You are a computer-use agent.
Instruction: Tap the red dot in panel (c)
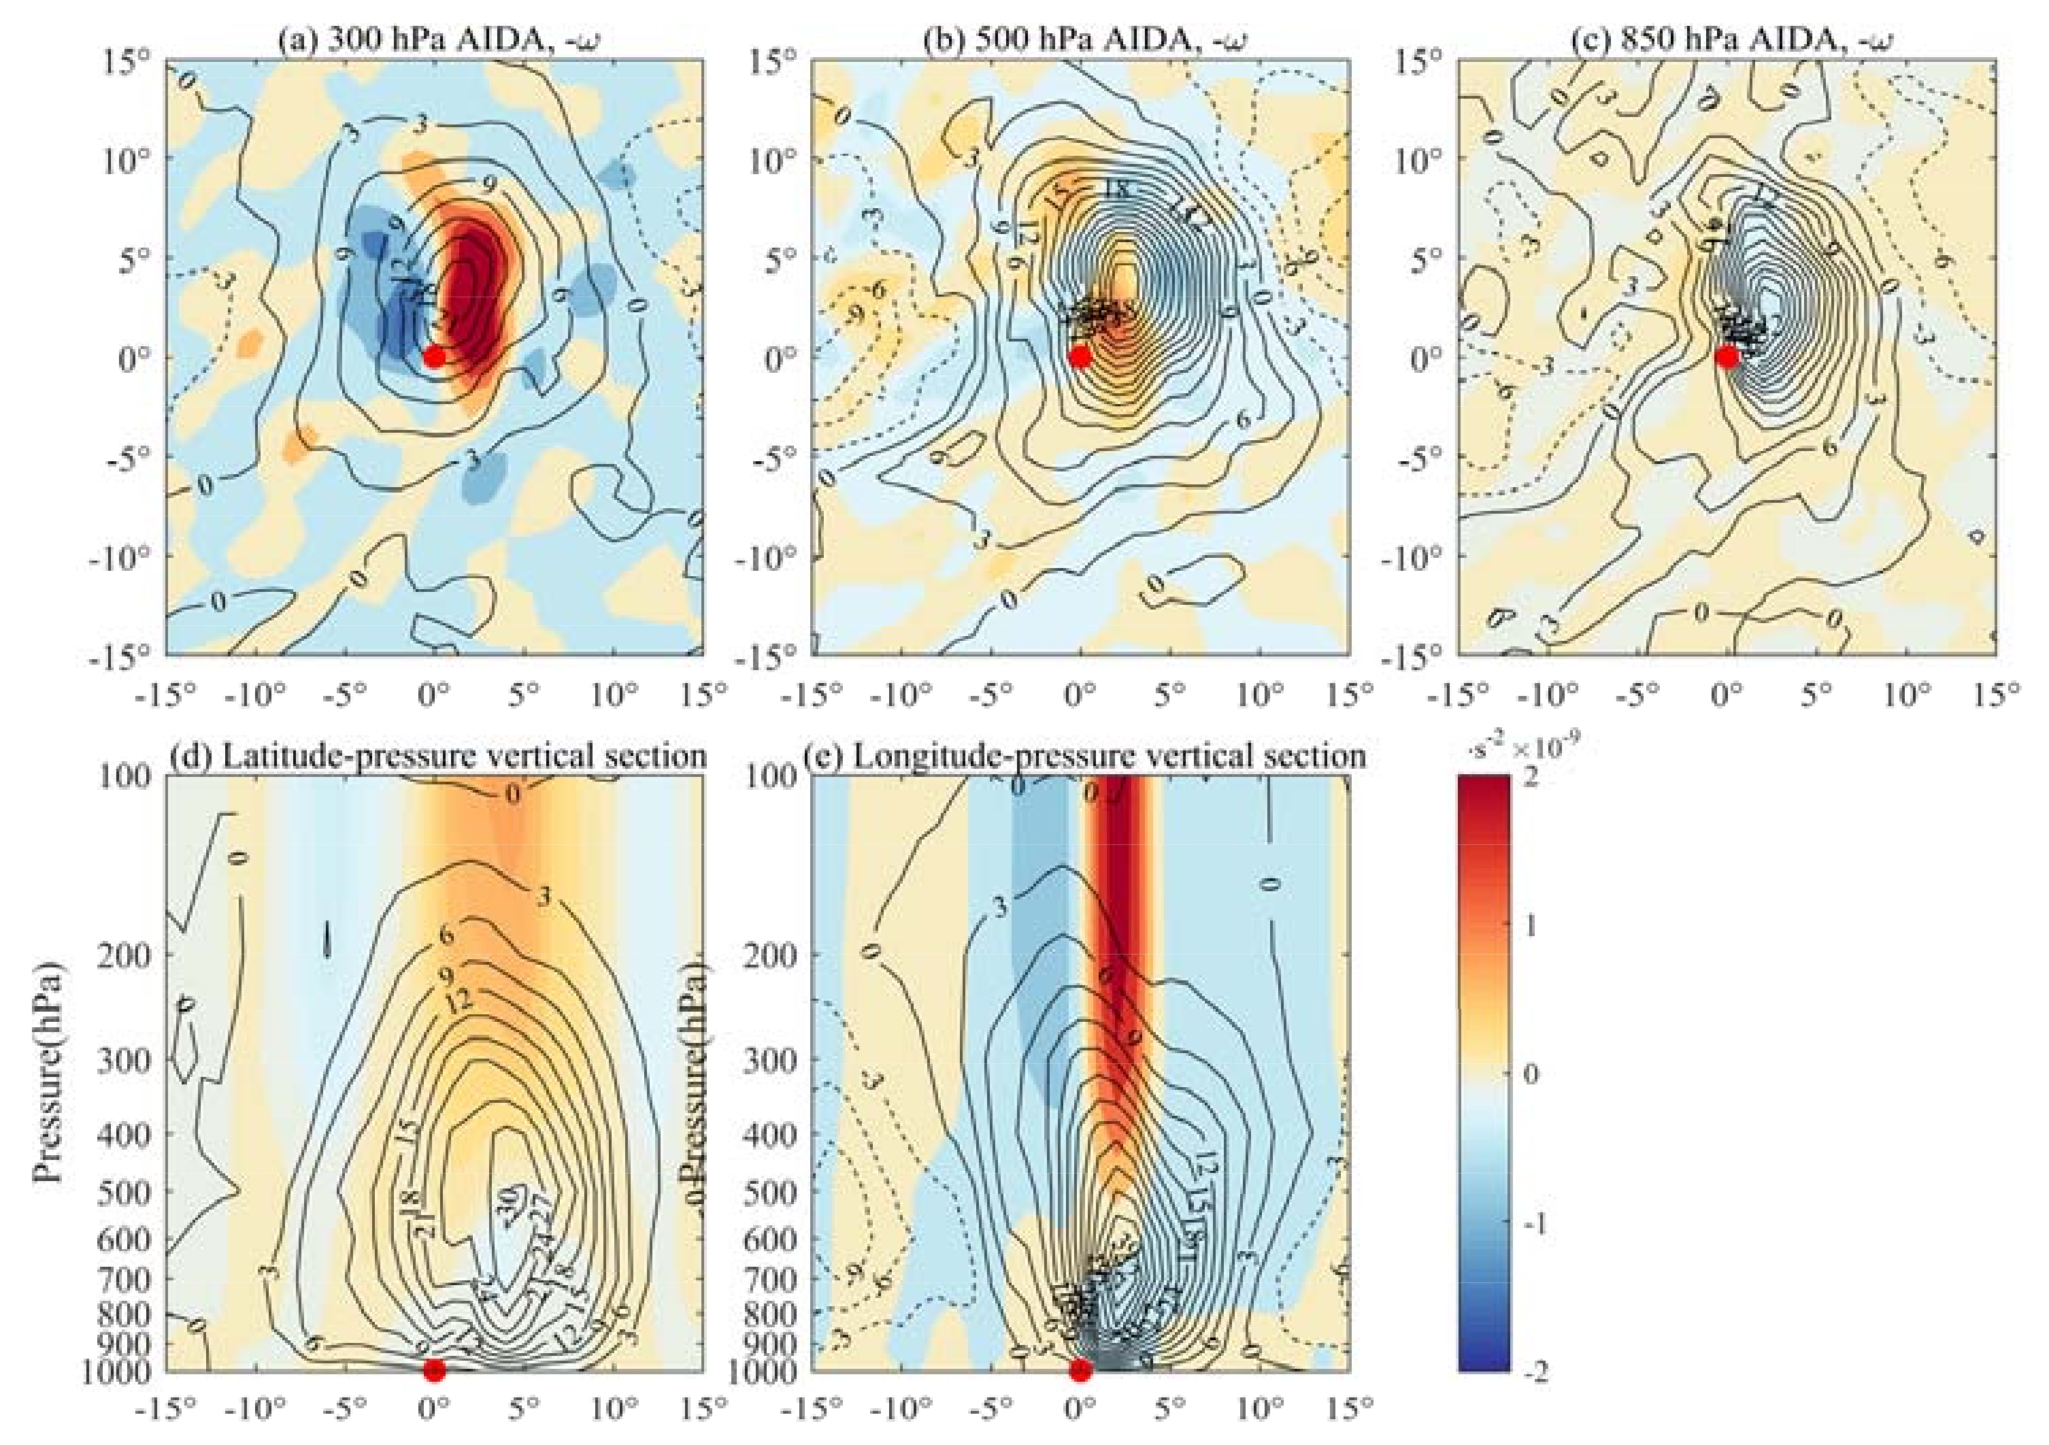(x=1727, y=357)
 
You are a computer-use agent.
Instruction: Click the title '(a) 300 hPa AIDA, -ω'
(x=435, y=40)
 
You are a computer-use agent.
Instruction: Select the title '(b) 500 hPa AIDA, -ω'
(x=1082, y=40)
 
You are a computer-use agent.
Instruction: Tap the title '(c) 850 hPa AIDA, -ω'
(x=1728, y=40)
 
